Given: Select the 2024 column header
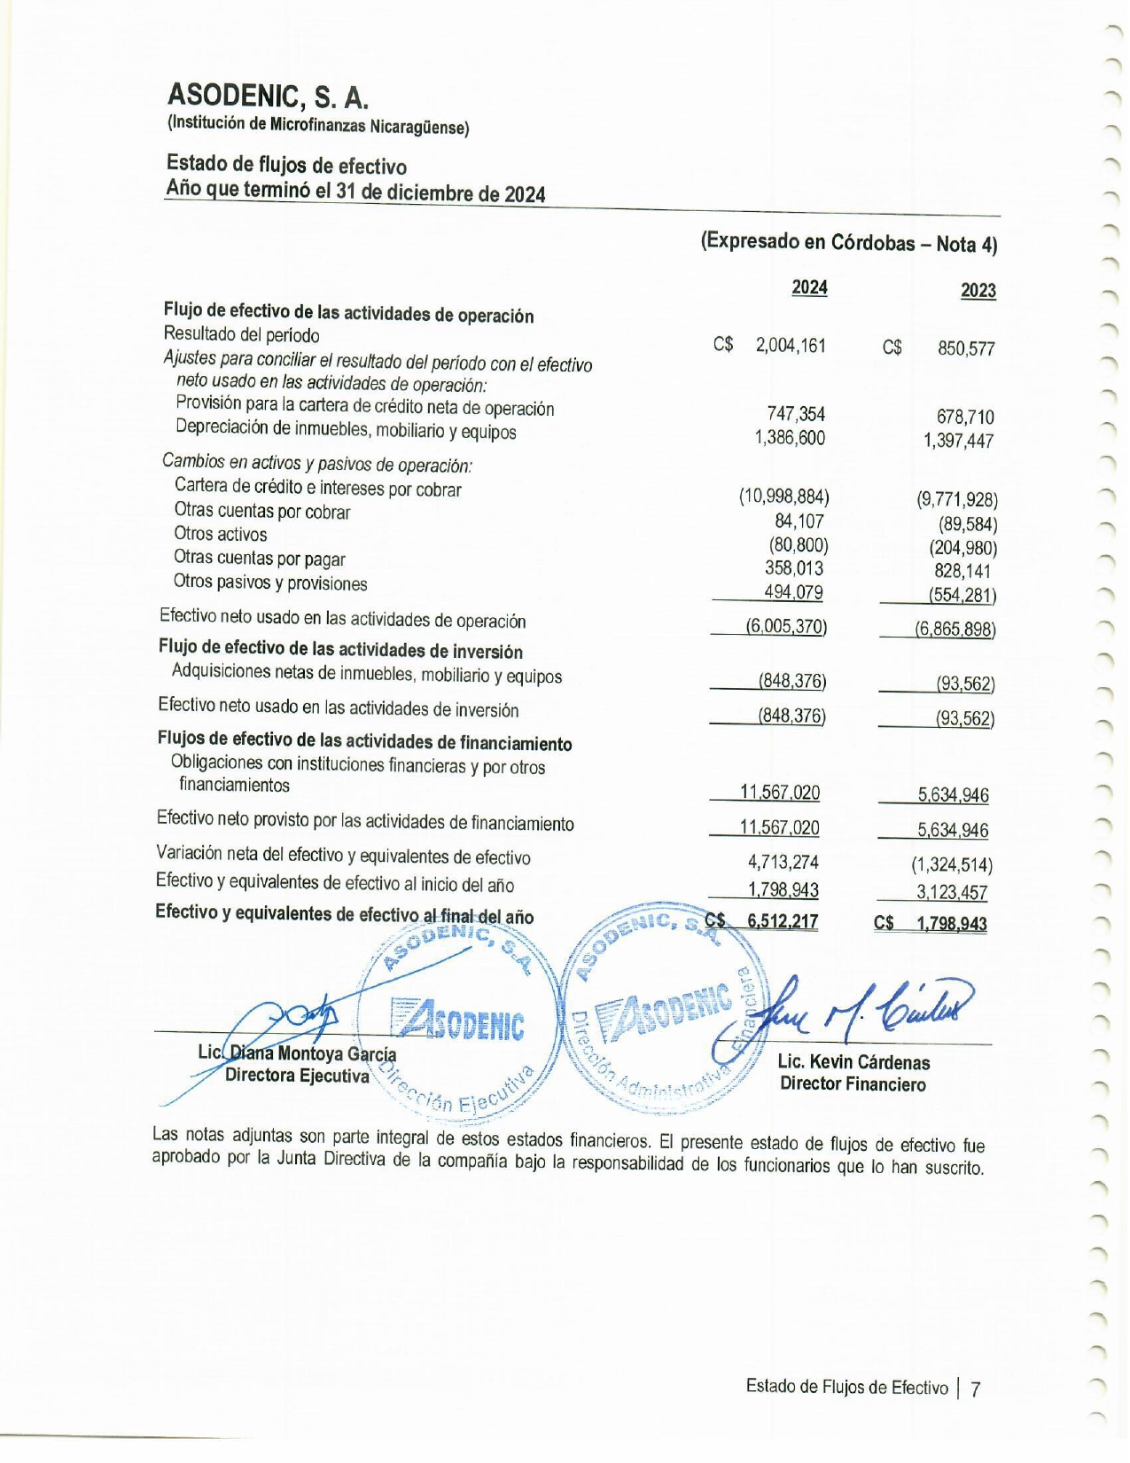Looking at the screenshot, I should point(809,287).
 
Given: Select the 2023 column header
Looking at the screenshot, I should point(978,290).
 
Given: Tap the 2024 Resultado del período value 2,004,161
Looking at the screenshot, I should point(790,346).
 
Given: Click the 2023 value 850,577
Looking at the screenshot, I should point(966,348).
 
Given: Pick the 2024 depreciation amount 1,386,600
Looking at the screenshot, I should point(790,437).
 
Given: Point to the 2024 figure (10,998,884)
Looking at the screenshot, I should point(784,497).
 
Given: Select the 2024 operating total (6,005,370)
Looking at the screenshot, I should point(786,626).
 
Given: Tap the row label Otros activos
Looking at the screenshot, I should point(220,534).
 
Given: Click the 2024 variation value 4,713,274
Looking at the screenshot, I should point(783,862).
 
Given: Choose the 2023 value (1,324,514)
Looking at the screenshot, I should point(952,864).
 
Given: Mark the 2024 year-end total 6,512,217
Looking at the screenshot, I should point(783,921).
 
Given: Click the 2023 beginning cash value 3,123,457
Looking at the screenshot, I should point(952,893).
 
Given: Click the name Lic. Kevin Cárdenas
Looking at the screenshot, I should point(853,1061).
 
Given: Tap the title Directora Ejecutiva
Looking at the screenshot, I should point(297,1076).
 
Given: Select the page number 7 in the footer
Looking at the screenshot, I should point(976,1389).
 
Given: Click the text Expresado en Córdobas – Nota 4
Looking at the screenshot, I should point(849,242).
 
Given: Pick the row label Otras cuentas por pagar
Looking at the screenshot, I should point(259,559).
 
